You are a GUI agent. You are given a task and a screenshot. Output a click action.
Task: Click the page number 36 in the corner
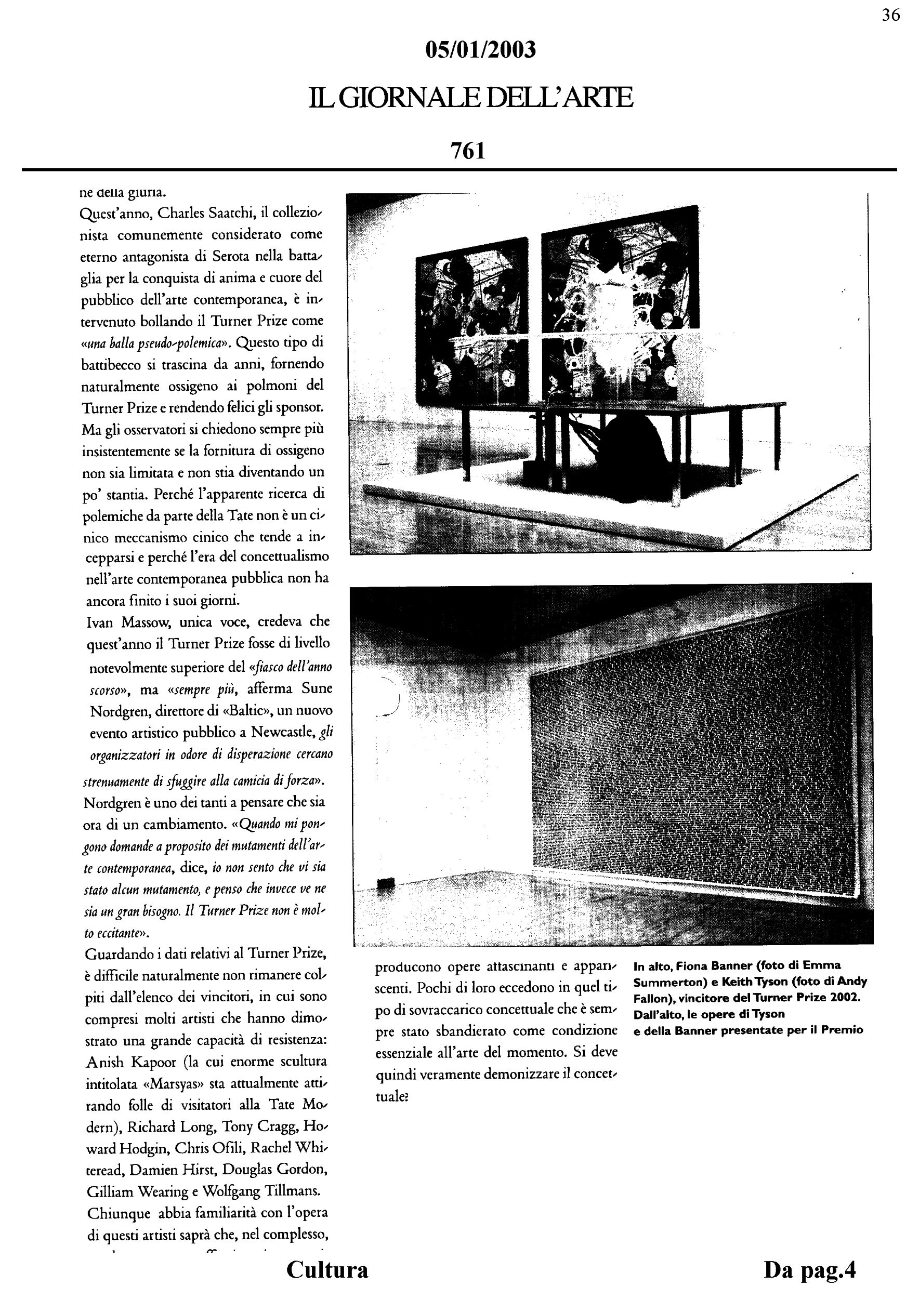(891, 15)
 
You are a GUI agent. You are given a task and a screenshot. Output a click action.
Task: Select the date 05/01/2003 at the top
(480, 50)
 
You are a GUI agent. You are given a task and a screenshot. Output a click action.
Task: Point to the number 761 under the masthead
(468, 151)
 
